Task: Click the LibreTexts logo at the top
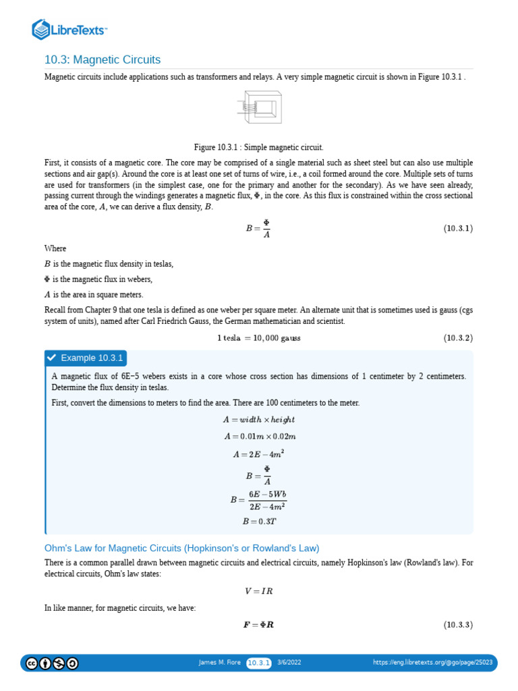[70, 29]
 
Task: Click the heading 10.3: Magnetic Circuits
[103, 60]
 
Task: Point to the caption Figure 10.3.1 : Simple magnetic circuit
[259, 147]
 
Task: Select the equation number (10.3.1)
[458, 229]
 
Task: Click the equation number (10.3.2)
[458, 337]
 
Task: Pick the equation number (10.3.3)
[458, 625]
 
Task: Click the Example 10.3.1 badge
[86, 358]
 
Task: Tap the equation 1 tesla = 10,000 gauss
[259, 337]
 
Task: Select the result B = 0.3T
[259, 521]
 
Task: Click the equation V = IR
[259, 592]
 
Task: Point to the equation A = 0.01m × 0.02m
[259, 437]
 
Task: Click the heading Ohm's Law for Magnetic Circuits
[181, 548]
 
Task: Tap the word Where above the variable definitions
[55, 248]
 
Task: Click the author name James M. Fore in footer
[219, 663]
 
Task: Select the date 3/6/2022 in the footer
[289, 663]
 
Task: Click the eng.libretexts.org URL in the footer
[433, 663]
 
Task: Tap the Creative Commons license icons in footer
[51, 663]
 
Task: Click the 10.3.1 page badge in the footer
[258, 663]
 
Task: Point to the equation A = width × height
[259, 420]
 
